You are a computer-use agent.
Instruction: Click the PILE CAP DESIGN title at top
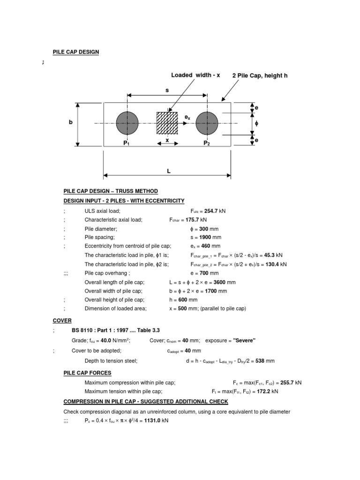[x=75, y=52]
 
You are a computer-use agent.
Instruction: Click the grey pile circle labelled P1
[x=127, y=123]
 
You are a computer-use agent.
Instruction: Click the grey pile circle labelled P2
[x=207, y=123]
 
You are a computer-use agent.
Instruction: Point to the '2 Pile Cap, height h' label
[x=260, y=75]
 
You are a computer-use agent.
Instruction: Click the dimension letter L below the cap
[x=168, y=172]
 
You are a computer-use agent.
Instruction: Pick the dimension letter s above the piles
[x=167, y=89]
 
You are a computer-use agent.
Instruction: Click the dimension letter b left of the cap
[x=71, y=122]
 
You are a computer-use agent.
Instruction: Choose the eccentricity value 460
[x=206, y=246]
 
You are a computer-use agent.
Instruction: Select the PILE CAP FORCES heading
[x=87, y=373]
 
